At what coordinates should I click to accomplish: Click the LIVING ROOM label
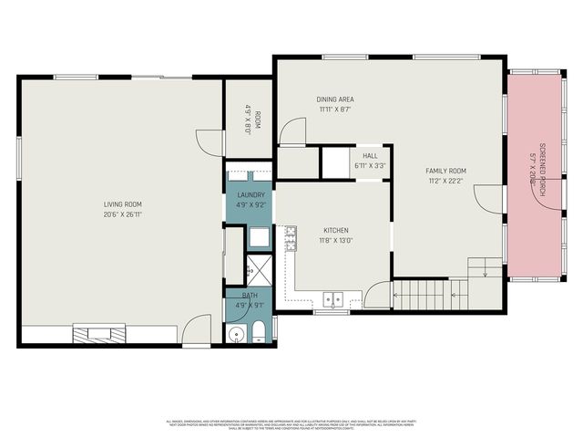click(123, 204)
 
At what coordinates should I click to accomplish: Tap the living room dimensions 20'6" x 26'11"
click(123, 215)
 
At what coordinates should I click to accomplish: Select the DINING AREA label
click(335, 99)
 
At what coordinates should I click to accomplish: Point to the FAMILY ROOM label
click(446, 171)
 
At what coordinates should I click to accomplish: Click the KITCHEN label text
click(336, 230)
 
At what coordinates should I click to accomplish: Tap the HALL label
click(370, 156)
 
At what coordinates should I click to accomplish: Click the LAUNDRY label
click(251, 195)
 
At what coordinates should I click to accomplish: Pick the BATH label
click(250, 296)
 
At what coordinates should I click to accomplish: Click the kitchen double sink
click(332, 297)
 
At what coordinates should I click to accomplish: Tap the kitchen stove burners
click(291, 239)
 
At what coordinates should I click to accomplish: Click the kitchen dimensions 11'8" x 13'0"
click(336, 241)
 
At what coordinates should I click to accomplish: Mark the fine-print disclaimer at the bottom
click(291, 424)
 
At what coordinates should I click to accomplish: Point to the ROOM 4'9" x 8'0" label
click(250, 122)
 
